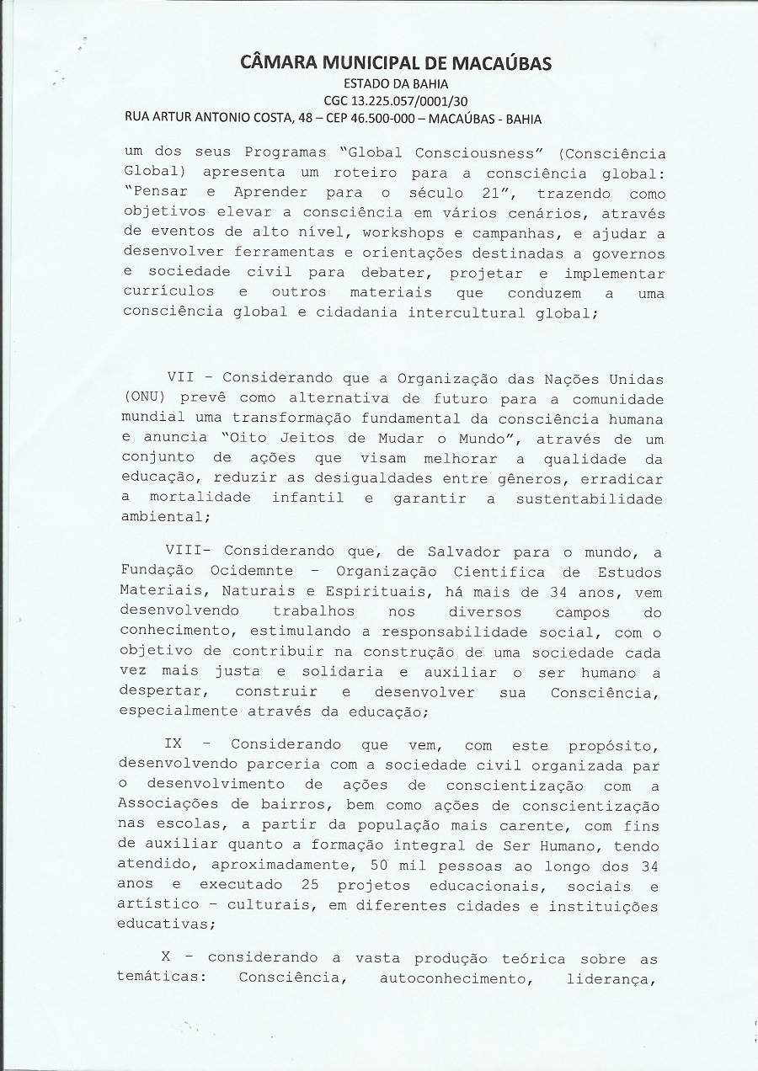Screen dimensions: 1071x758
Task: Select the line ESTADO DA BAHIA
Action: (396, 83)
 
